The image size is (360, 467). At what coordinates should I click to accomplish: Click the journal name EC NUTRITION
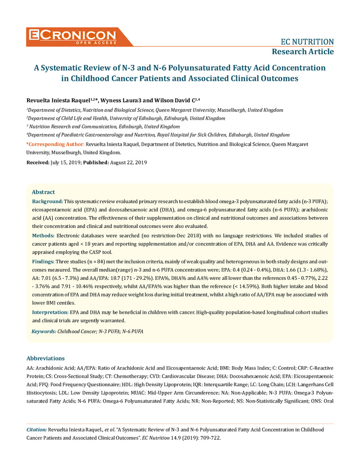click(307, 41)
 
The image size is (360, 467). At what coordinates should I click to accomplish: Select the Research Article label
click(303, 51)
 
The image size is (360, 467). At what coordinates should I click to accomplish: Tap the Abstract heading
click(43, 192)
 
